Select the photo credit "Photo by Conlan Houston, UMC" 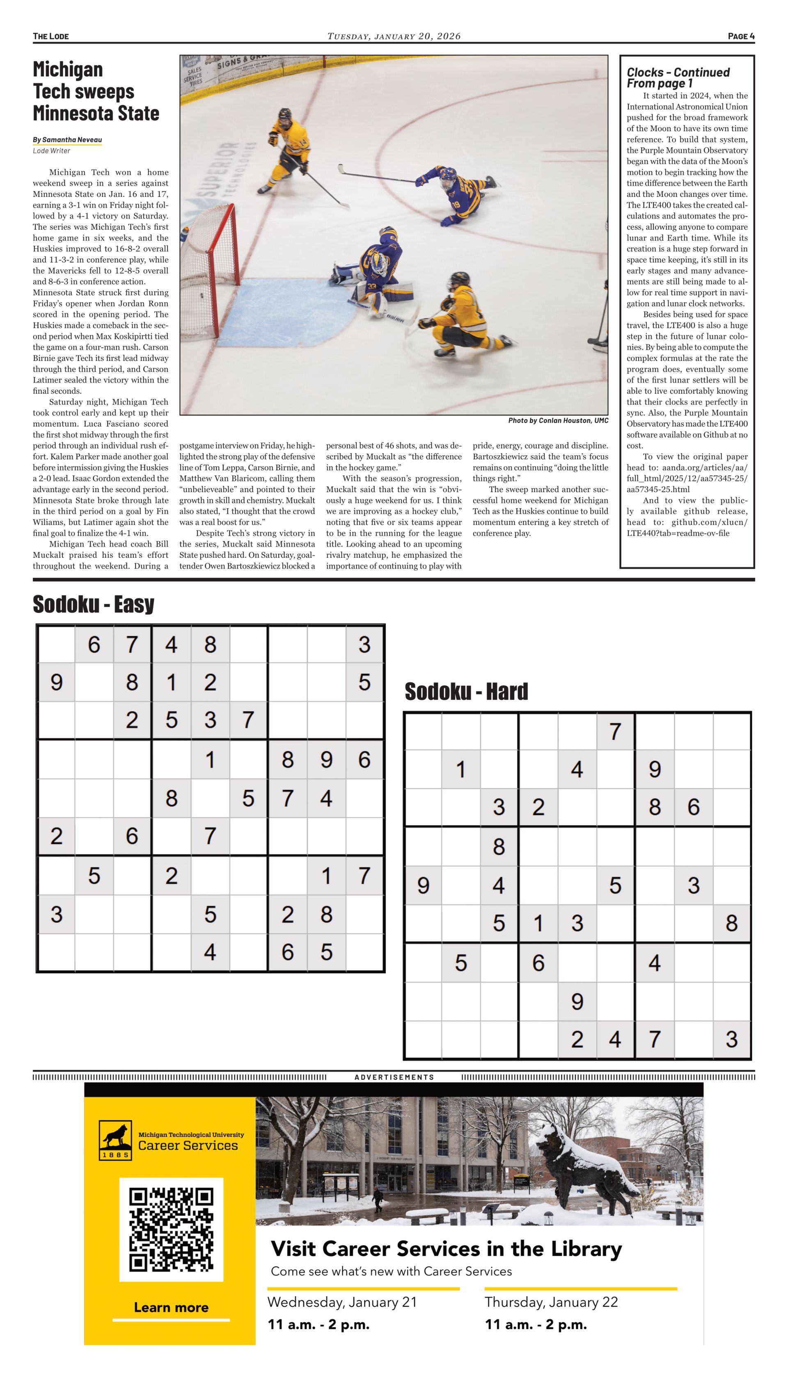558,420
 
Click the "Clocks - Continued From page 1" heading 678,78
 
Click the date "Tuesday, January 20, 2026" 394,36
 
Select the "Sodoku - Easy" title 93,604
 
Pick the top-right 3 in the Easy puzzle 364,644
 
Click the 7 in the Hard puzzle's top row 615,731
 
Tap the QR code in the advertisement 171,1229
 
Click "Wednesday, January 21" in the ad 342,1302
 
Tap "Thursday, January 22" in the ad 551,1302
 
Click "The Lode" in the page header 50,36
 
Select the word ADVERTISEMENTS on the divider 394,1077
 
